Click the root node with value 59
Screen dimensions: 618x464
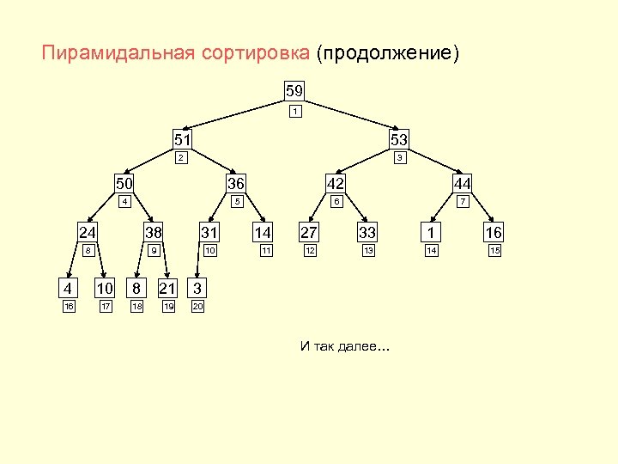coord(294,90)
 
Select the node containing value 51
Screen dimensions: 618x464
coord(183,138)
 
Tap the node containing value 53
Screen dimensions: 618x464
coord(398,138)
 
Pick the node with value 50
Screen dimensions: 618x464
coord(124,183)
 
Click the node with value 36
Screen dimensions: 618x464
coord(235,183)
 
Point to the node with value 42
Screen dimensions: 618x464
coord(336,183)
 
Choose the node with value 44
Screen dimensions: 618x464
coord(462,183)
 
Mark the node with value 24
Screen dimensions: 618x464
coord(88,232)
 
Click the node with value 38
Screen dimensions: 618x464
coord(154,232)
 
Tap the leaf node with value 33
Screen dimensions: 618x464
coord(367,232)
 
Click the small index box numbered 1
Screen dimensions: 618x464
coord(294,112)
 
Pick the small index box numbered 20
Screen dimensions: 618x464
coord(197,306)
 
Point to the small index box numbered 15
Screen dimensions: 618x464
coord(494,251)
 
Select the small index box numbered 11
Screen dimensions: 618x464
coord(266,251)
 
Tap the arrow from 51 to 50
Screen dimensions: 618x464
coord(151,162)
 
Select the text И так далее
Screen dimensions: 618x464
coord(343,346)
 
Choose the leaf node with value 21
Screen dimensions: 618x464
coord(168,287)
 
